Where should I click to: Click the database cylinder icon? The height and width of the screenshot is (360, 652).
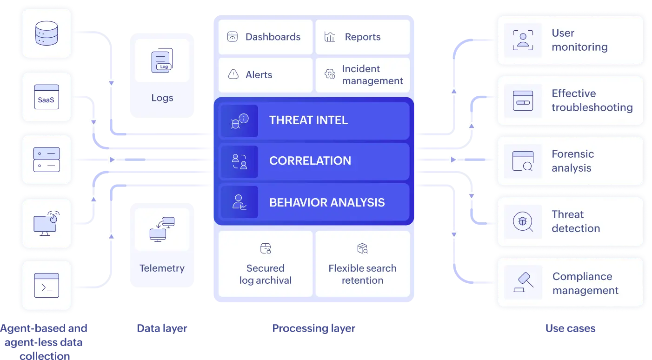(x=46, y=33)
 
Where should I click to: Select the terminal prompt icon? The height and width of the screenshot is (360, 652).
(x=46, y=285)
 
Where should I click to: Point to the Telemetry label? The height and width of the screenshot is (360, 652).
(x=162, y=268)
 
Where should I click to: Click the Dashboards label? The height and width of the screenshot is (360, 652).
(x=273, y=37)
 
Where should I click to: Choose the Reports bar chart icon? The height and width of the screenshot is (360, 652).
(x=330, y=37)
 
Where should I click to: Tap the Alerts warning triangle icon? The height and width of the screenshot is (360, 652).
(x=233, y=74)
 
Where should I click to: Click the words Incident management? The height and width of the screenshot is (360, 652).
(x=372, y=74)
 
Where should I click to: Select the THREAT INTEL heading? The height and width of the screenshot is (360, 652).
(x=308, y=120)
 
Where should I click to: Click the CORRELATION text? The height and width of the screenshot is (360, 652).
(x=310, y=160)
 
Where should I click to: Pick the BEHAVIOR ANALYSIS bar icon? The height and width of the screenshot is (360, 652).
(x=240, y=202)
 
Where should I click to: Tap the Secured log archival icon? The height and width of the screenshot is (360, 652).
(x=266, y=248)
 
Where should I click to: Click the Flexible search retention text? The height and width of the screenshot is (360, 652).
(x=362, y=274)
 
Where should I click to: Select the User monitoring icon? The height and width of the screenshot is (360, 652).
(x=523, y=40)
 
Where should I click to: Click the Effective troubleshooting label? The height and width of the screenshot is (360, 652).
(x=592, y=100)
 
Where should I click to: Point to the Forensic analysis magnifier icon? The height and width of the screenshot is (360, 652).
(x=523, y=161)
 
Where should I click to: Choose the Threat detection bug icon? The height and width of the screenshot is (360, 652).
(x=523, y=221)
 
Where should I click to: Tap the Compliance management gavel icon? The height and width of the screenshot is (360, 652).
(x=523, y=282)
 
